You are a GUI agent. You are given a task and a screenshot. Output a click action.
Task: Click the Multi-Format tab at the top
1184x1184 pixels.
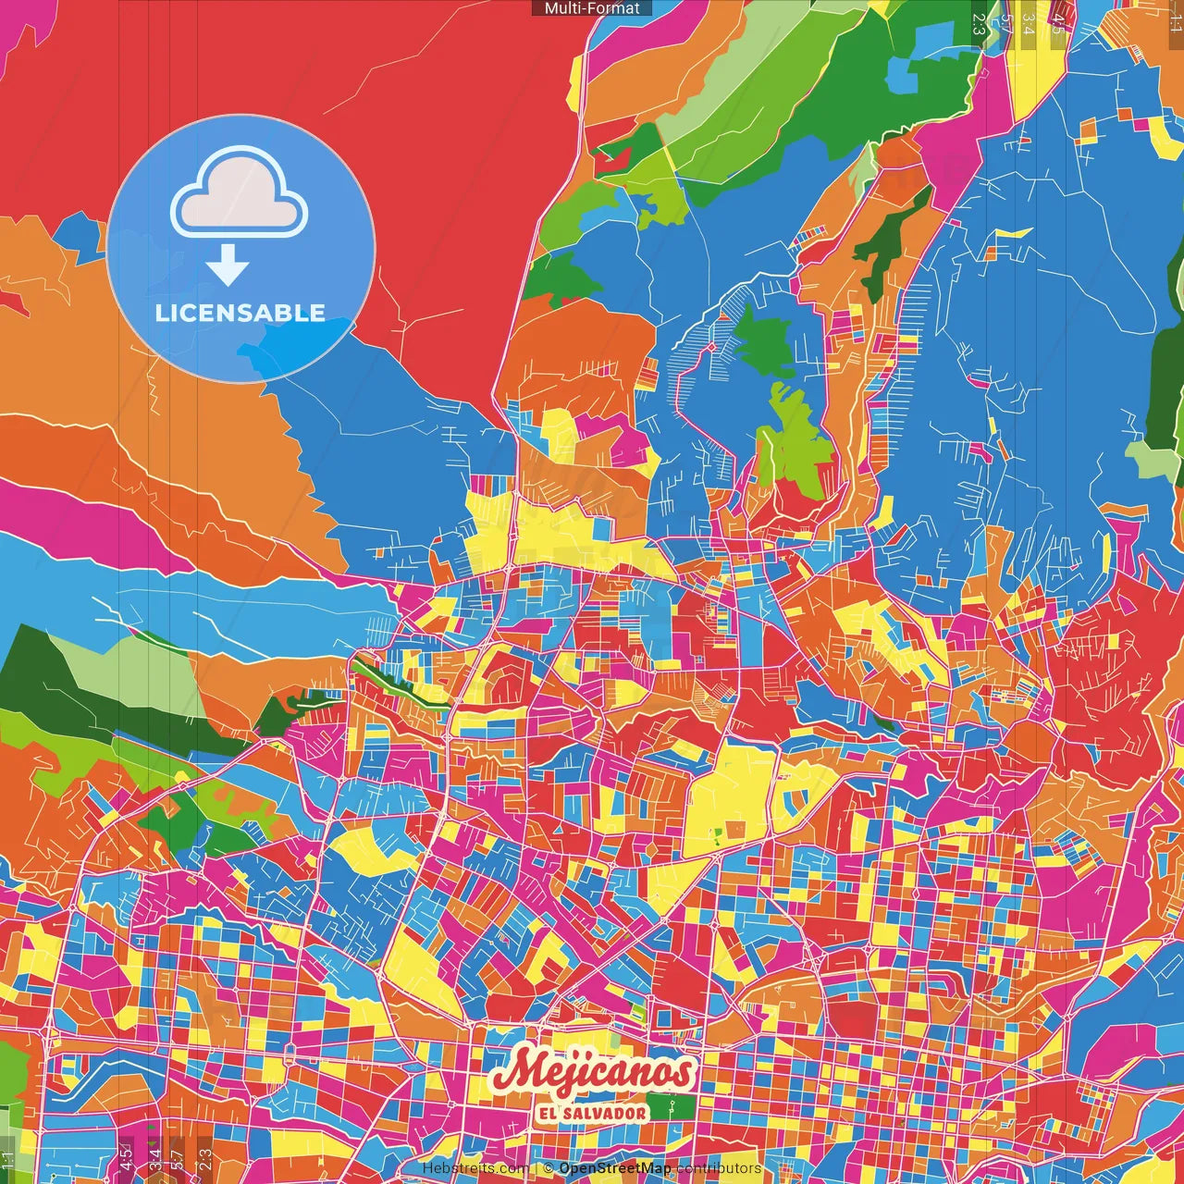[592, 8]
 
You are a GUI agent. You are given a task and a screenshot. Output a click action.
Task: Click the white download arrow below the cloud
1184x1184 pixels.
[228, 269]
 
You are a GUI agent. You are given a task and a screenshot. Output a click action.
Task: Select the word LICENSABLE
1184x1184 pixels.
[240, 313]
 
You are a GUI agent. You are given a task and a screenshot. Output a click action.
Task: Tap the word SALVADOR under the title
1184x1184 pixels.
[606, 1113]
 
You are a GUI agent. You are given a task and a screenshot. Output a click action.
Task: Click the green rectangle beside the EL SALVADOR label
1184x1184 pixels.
[661, 1106]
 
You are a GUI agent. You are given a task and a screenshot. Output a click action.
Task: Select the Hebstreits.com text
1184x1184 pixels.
[475, 1169]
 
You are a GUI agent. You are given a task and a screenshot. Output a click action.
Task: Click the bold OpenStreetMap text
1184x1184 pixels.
[615, 1169]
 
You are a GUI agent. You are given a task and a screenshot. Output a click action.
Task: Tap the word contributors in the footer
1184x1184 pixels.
[719, 1169]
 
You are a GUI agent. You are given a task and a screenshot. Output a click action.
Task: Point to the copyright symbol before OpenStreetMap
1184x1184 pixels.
[548, 1169]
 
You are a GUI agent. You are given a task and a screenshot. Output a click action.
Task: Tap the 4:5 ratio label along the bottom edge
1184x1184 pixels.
[126, 1157]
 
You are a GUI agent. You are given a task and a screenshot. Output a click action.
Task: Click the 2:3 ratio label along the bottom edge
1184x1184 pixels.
[205, 1157]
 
